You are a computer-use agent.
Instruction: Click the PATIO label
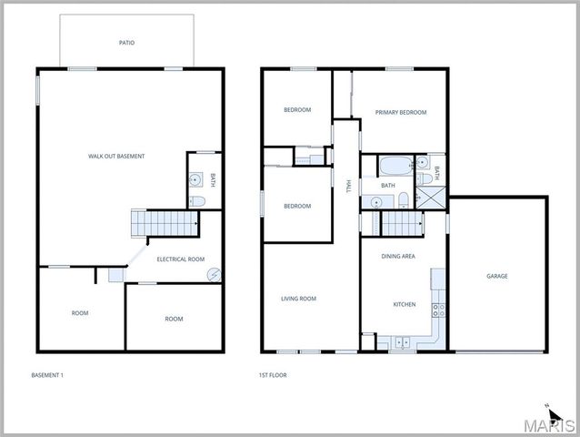tap(127, 43)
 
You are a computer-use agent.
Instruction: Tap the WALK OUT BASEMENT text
tap(116, 156)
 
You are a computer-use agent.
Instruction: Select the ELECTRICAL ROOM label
tap(180, 259)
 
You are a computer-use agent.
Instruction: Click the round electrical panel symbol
tap(215, 274)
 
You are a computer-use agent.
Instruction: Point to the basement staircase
tap(165, 222)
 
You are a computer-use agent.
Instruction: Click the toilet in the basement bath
tap(197, 201)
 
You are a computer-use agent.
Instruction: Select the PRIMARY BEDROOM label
tap(400, 112)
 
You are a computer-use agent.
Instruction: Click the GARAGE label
tap(497, 276)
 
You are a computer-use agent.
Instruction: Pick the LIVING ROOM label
tap(297, 299)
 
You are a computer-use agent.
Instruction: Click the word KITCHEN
tap(405, 304)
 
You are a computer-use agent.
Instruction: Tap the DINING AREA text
tap(397, 257)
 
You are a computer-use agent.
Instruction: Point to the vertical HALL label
tap(347, 186)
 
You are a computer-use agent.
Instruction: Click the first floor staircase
tap(401, 221)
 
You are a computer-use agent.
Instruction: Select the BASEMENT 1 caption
tap(47, 375)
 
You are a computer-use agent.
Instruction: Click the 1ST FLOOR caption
tap(273, 375)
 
